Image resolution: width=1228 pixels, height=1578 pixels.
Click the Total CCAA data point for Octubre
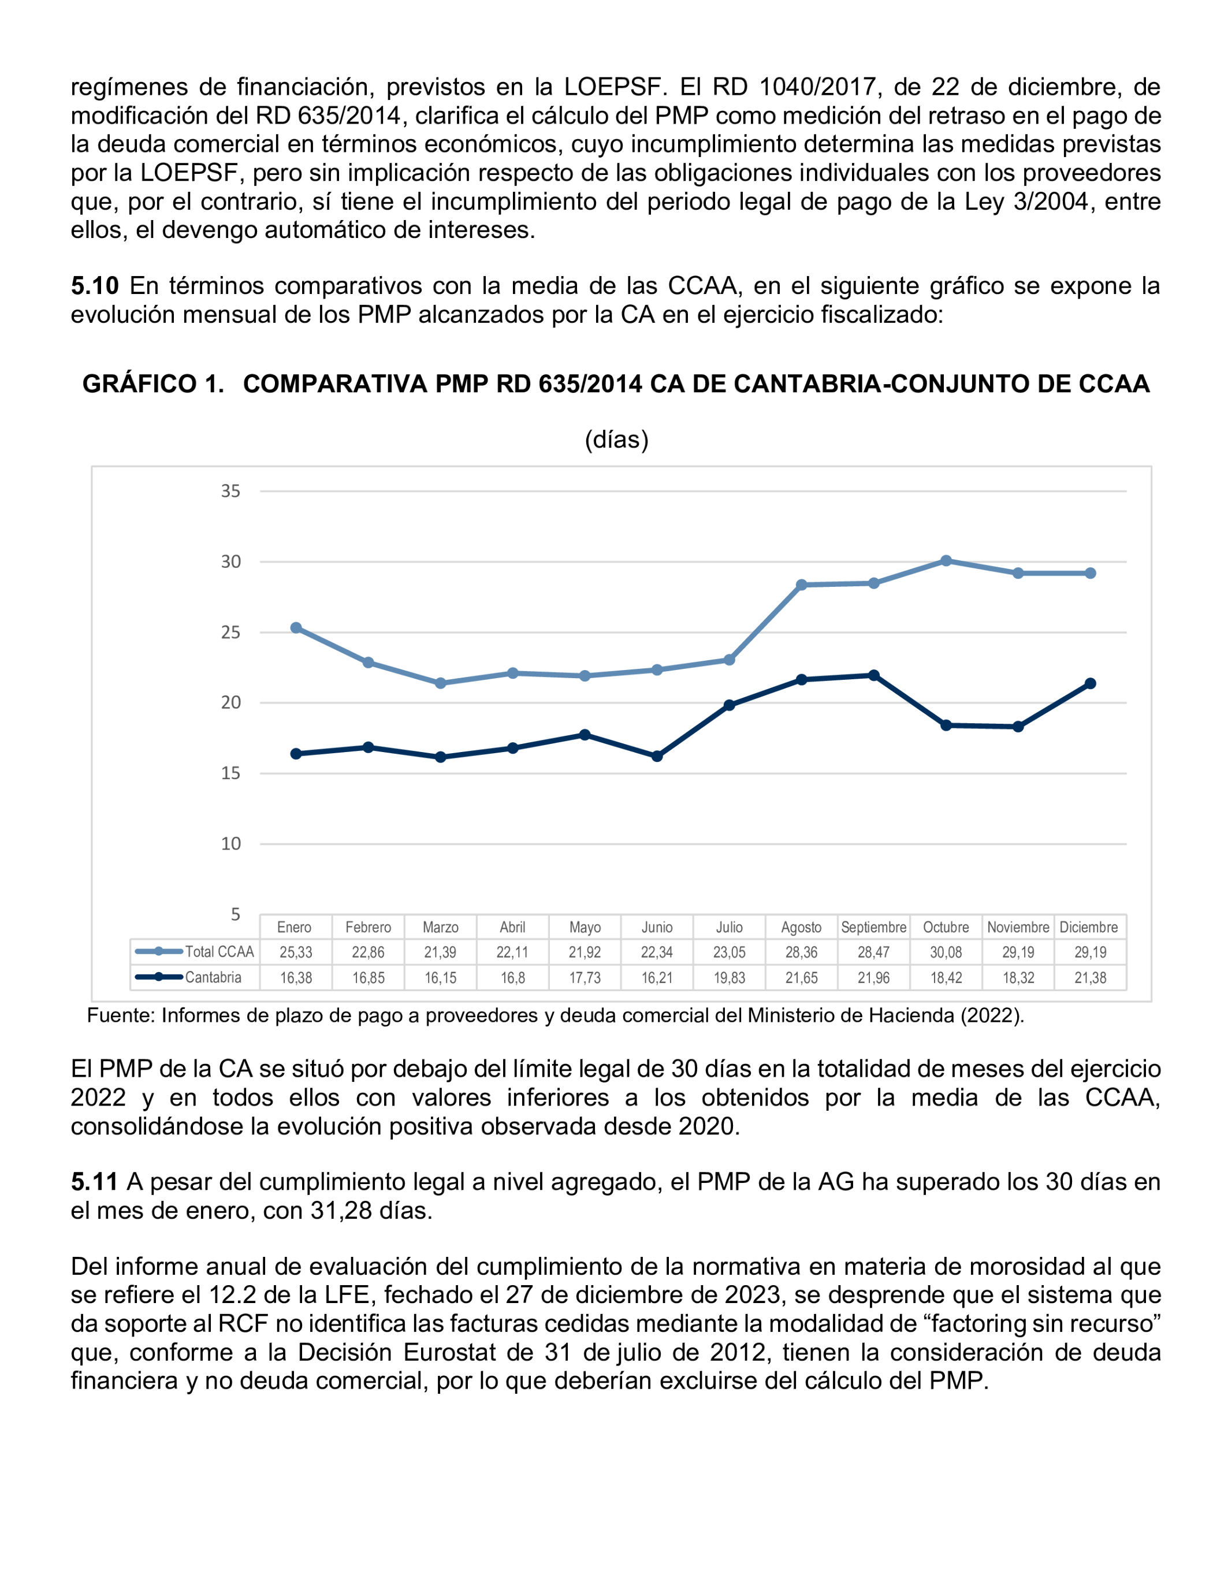tap(946, 561)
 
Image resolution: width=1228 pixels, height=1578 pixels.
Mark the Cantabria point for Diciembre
tap(1090, 683)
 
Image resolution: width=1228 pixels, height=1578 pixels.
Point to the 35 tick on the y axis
tap(230, 492)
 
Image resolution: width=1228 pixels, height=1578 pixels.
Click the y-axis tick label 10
tap(230, 844)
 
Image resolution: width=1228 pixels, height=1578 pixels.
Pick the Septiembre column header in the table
tap(873, 927)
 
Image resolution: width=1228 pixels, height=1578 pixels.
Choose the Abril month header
tap(512, 927)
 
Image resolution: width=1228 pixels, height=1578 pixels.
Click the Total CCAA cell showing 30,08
tap(946, 952)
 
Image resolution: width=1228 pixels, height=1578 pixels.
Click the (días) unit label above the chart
tap(616, 440)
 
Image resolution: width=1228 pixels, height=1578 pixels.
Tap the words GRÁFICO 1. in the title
tap(153, 384)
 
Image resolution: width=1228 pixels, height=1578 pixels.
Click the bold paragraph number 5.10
tap(94, 286)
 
